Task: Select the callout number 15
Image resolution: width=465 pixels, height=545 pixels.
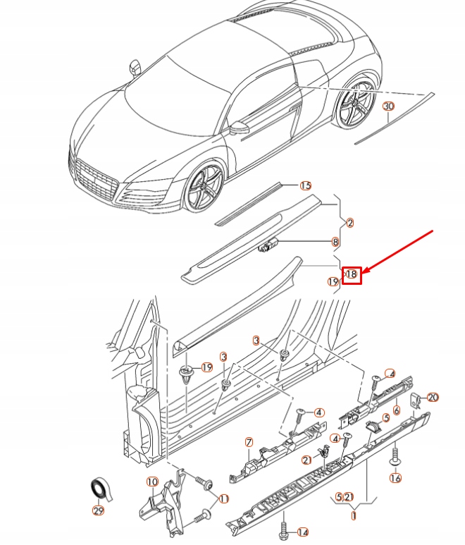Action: (x=305, y=185)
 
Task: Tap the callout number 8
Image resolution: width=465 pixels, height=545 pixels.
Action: (x=335, y=241)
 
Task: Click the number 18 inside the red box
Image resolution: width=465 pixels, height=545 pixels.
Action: (x=352, y=275)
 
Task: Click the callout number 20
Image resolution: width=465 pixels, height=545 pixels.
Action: (x=433, y=398)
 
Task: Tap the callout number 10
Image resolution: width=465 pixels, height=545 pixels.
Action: (x=152, y=482)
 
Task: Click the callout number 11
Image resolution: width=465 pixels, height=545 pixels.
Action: (x=224, y=498)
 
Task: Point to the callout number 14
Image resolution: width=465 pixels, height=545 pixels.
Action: (x=303, y=532)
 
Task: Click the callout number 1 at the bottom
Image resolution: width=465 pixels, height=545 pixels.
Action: (x=353, y=515)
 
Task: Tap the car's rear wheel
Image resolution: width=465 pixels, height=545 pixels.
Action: (x=358, y=105)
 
